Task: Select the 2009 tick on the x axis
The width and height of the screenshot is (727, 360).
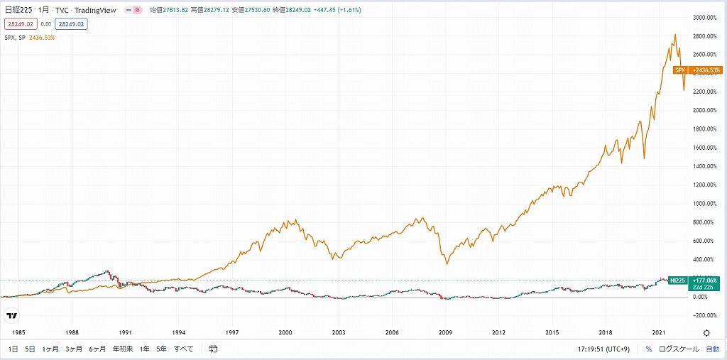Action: [x=446, y=332]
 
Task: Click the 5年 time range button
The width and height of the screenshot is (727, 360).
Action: [x=162, y=349]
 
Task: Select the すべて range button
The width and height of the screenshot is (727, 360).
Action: [x=183, y=349]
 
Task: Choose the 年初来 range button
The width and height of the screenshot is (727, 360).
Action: [x=122, y=349]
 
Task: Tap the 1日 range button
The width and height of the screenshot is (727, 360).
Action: [x=13, y=349]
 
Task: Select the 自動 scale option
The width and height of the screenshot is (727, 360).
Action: [x=712, y=349]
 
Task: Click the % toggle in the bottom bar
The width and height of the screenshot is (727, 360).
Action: [x=648, y=349]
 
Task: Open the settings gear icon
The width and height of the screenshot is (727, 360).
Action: [x=706, y=332]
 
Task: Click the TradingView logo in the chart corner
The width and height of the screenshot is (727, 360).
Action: [x=11, y=316]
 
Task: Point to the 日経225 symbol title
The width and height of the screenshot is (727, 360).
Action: [x=18, y=11]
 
